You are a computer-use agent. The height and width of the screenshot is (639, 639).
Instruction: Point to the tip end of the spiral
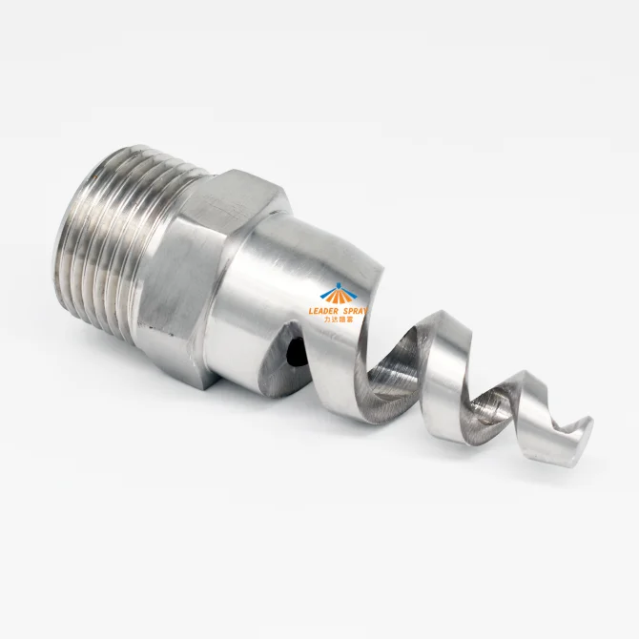tap(585, 427)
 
